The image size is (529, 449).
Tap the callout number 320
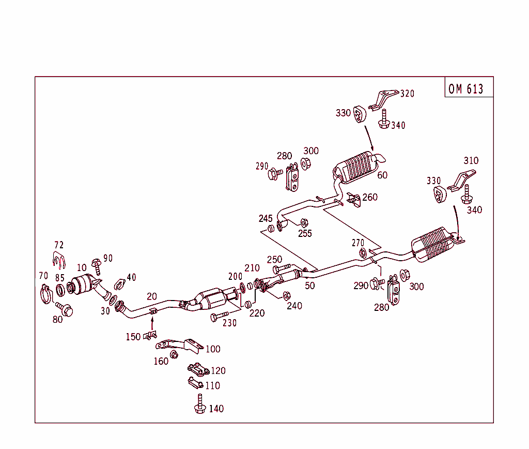click(407, 94)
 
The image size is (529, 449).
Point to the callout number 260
click(369, 197)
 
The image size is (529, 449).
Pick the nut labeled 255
click(304, 222)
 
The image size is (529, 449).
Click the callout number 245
click(266, 218)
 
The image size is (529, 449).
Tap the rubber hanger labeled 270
click(363, 252)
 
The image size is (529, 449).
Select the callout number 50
click(309, 286)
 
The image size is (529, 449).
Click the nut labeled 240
click(286, 295)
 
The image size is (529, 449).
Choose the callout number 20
click(151, 296)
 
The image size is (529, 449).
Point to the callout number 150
click(133, 337)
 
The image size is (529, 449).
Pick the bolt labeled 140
click(200, 404)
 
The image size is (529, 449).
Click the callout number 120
click(218, 371)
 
